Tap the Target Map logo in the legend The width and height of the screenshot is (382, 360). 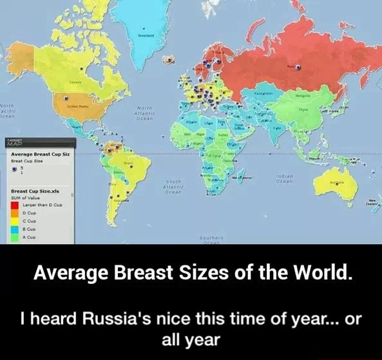(x=15, y=143)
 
